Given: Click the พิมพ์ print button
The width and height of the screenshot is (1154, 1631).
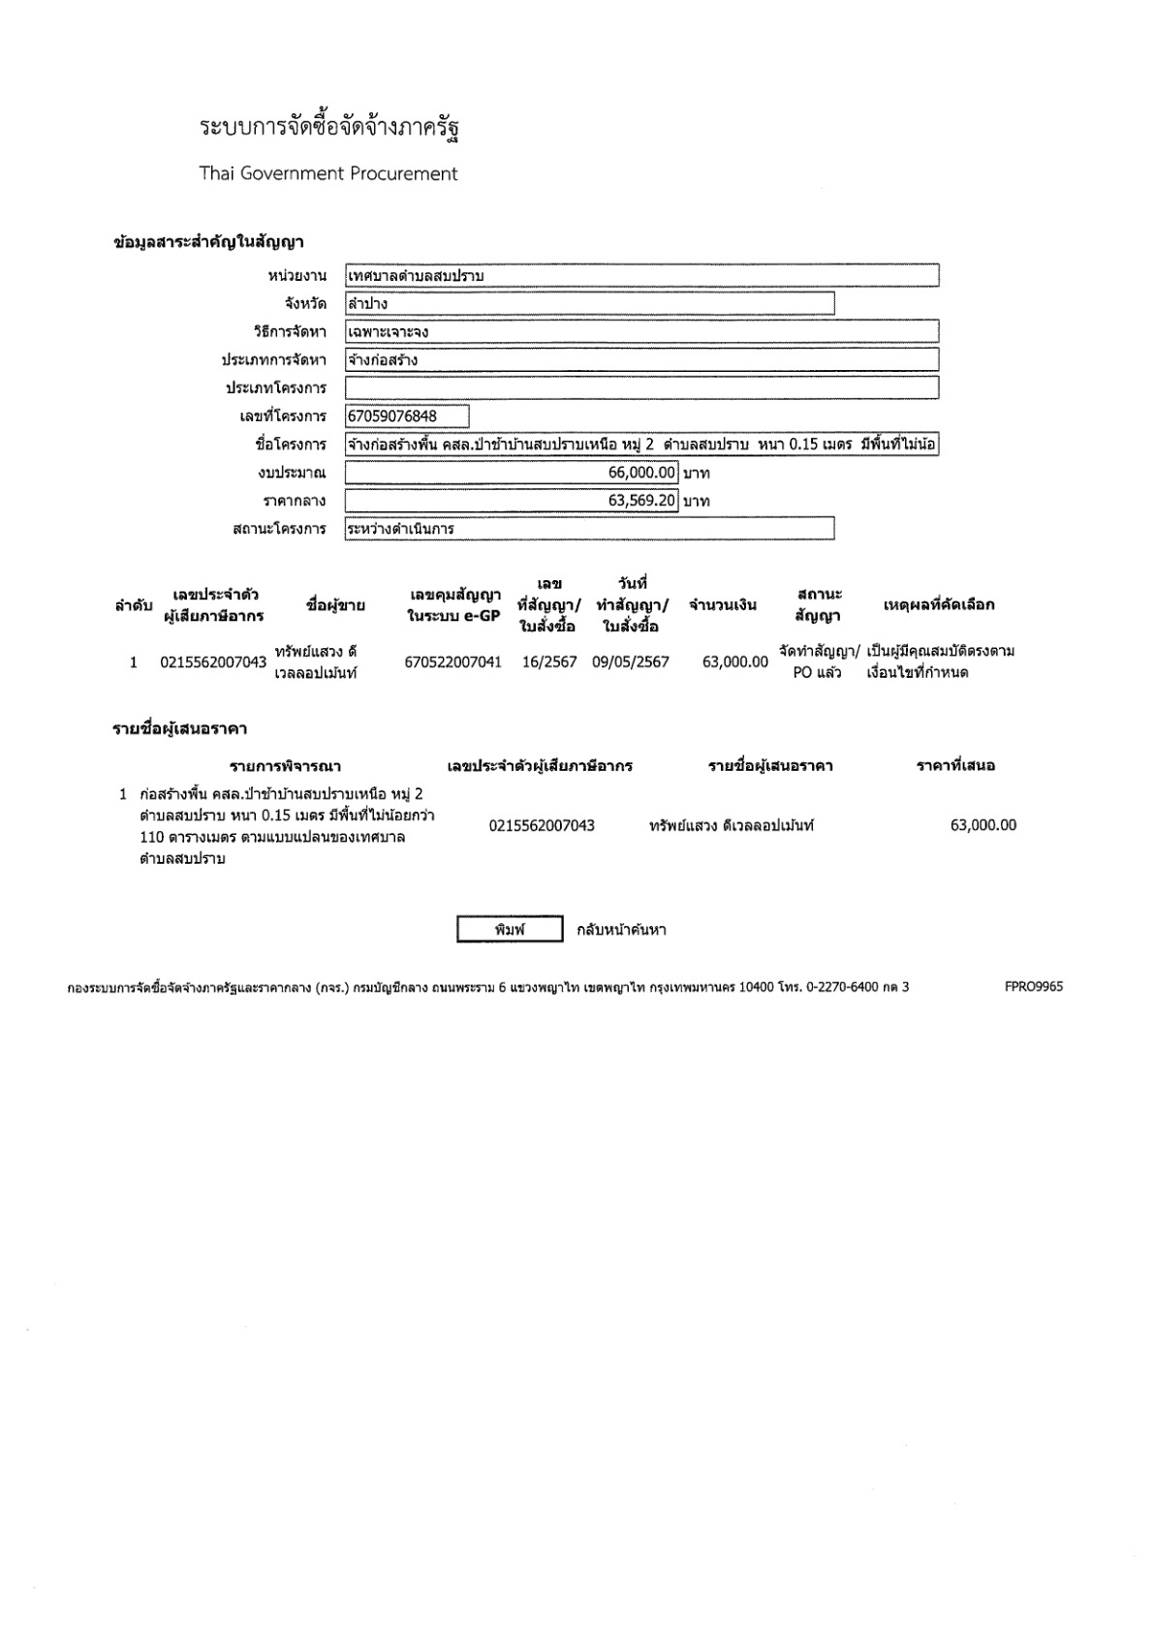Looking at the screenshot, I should [x=510, y=930].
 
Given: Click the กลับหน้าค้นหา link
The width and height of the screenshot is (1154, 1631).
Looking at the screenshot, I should [x=621, y=930].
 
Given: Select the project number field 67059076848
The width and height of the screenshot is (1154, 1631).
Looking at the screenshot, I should [x=407, y=416].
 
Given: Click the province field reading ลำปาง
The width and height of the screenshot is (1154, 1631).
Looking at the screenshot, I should [x=589, y=304].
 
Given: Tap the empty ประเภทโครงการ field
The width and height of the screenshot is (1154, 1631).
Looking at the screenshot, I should [x=641, y=388].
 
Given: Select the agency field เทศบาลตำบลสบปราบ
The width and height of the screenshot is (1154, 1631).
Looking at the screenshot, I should [x=641, y=276].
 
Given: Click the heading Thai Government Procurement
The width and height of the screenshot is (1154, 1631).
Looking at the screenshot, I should [x=328, y=174].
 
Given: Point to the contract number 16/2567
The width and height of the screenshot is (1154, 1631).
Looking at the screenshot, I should [x=549, y=662].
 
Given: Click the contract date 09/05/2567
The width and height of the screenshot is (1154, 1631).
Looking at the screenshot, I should [x=631, y=662].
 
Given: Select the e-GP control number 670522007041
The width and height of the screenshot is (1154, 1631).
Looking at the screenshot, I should [x=453, y=662].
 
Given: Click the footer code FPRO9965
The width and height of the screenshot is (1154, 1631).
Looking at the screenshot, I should [x=1034, y=987].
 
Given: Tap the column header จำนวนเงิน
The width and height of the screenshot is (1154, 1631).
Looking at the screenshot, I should [x=723, y=605].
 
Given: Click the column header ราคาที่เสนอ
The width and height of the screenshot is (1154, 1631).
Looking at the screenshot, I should [x=955, y=766].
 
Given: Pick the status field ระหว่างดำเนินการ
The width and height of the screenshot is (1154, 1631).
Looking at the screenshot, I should [x=589, y=529].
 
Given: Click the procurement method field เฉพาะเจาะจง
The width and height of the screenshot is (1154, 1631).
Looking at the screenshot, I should [x=641, y=332].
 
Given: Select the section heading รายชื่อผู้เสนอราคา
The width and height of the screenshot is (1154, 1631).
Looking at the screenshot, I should [x=180, y=728].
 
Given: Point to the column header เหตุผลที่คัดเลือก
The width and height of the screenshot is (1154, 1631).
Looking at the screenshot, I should [x=939, y=605].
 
